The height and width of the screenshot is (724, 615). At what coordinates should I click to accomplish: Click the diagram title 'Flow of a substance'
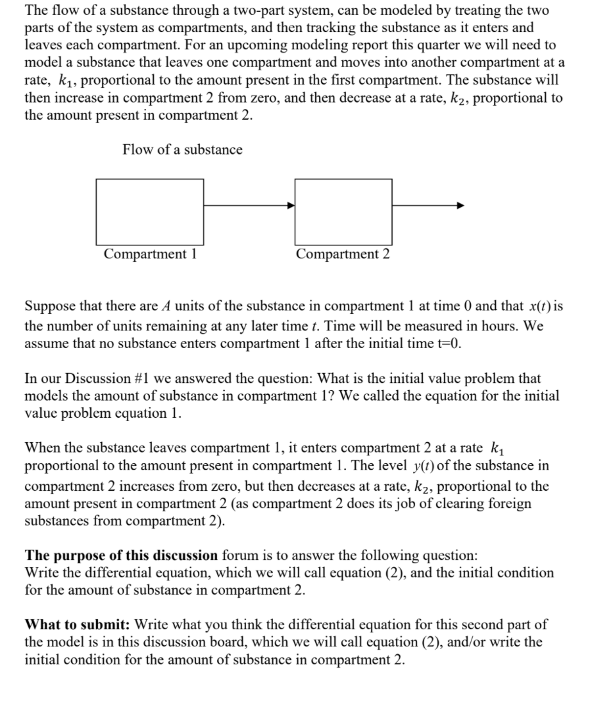(x=183, y=150)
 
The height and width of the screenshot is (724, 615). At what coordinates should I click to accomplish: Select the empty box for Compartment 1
(x=150, y=211)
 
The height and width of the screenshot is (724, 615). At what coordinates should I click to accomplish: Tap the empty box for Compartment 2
(x=343, y=211)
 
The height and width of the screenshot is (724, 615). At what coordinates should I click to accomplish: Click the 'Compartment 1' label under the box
(x=150, y=254)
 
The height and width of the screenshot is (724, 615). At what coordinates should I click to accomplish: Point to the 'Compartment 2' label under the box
(x=343, y=254)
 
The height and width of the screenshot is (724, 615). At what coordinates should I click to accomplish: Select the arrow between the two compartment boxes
(x=249, y=206)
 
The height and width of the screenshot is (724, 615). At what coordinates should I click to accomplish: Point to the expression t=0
(x=448, y=343)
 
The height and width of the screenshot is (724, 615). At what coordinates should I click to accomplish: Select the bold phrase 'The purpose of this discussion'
(x=121, y=555)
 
